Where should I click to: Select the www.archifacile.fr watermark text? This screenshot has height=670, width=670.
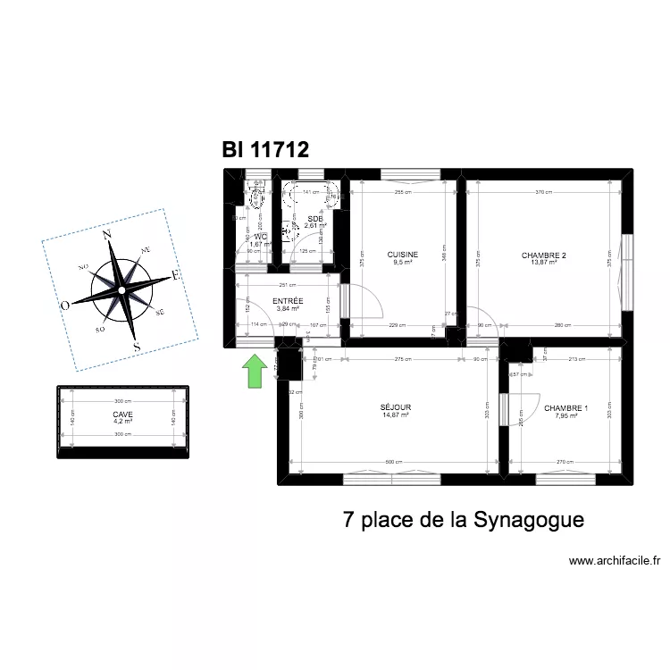[615, 561]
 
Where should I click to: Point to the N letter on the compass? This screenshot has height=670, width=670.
[106, 235]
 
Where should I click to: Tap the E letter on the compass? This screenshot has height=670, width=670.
[177, 276]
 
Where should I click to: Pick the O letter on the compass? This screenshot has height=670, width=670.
[65, 306]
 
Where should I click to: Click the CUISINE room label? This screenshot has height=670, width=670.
[402, 255]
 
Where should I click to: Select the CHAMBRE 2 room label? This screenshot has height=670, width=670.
[544, 255]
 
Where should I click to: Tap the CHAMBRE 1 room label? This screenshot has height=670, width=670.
[566, 408]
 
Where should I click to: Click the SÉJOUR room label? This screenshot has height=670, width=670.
[395, 407]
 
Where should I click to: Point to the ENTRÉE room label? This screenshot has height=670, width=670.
[288, 301]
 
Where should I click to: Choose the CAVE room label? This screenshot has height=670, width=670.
[121, 415]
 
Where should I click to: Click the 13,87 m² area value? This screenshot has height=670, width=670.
[544, 263]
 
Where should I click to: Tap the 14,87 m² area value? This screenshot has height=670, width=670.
[395, 415]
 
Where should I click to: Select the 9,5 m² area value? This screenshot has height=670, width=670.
[402, 263]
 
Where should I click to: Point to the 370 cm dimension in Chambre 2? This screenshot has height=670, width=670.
[545, 192]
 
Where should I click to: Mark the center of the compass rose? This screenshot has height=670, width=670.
[121, 290]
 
